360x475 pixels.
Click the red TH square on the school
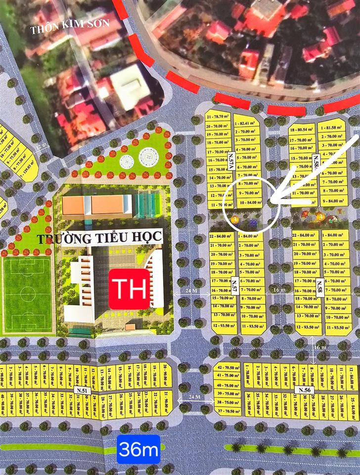[129, 289]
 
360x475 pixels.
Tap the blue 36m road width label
[138, 449]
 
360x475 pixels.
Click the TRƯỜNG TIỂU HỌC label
[99, 238]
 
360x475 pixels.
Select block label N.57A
[230, 161]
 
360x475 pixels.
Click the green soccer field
[27, 294]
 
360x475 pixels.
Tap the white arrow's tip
[271, 201]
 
